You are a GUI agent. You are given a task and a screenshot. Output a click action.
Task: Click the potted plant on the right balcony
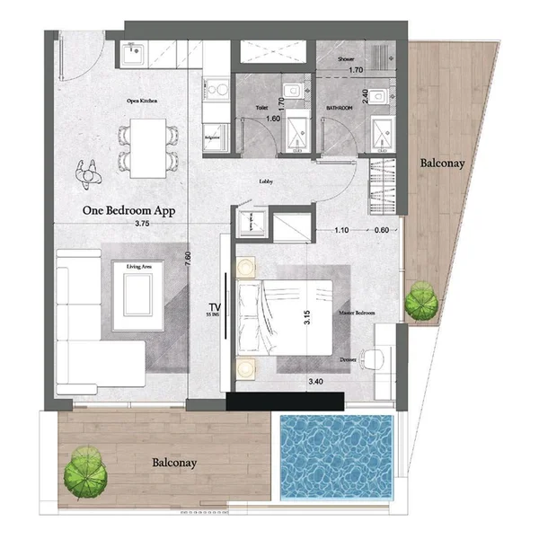pos(420,301)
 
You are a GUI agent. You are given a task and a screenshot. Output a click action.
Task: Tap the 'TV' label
pos(215,306)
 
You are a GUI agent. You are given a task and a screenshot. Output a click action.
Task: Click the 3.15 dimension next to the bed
pos(307,317)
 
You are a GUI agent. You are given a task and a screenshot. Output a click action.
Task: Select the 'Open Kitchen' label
pos(142,102)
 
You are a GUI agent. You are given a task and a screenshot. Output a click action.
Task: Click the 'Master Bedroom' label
pos(357,314)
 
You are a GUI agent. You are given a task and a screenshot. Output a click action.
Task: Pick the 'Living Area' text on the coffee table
pos(138,267)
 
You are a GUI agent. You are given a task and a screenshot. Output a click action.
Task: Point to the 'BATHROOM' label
pos(339,106)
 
